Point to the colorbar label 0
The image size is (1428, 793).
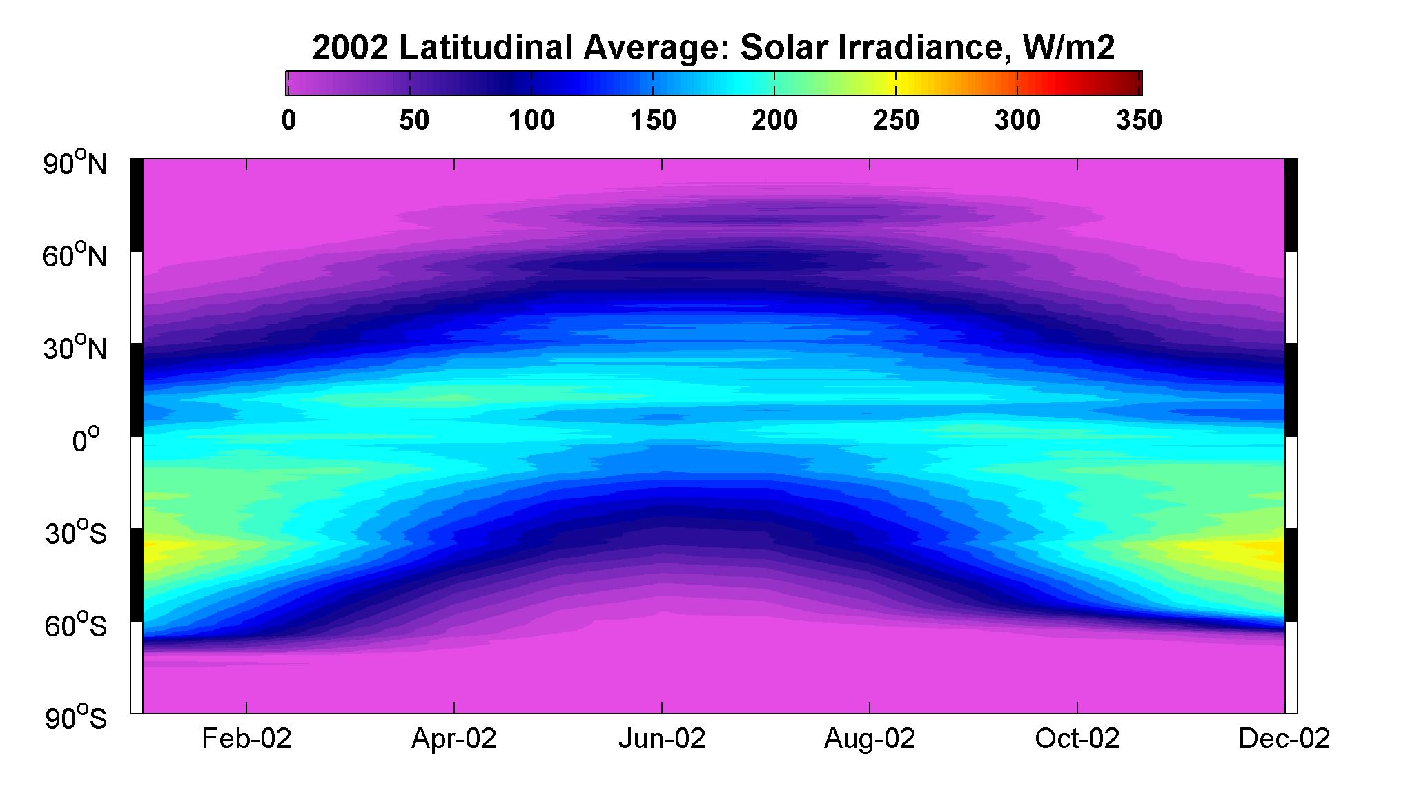[288, 121]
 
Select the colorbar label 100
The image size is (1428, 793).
[531, 121]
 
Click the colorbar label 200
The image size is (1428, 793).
[774, 121]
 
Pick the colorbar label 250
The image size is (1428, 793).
[896, 121]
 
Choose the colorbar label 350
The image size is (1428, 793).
[1139, 121]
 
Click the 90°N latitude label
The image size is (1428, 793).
[76, 164]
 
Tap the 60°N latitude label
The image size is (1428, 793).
[76, 256]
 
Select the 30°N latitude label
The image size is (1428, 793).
[76, 349]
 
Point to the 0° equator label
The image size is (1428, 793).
[86, 440]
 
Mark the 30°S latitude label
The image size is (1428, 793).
[76, 533]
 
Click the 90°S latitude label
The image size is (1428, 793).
[76, 718]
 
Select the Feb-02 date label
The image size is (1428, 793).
[246, 739]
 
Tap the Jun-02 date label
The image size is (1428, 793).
[662, 739]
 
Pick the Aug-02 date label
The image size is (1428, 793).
[870, 739]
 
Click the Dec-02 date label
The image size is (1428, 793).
[1284, 739]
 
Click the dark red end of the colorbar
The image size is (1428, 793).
[1132, 83]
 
